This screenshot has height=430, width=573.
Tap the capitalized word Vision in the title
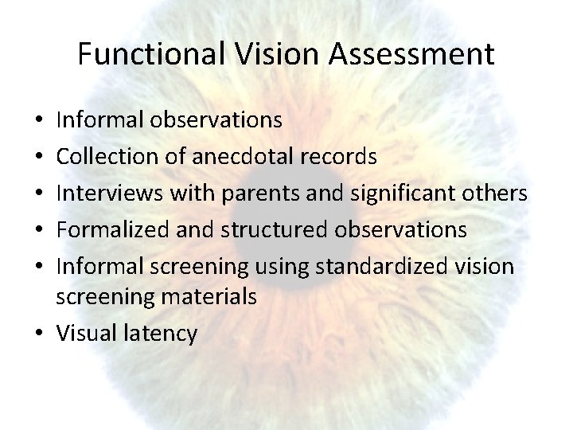(259, 55)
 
